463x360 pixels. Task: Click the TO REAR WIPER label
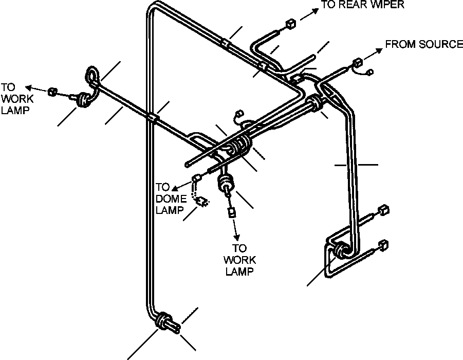[x=363, y=5]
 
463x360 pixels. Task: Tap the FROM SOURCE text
[x=424, y=44]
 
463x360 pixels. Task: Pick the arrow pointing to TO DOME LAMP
[x=181, y=185]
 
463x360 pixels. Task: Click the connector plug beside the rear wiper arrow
[x=290, y=24]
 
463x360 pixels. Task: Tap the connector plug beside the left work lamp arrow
[x=52, y=92]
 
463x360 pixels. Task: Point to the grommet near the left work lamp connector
[x=82, y=99]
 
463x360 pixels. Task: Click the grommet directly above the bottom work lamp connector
[x=225, y=182]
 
